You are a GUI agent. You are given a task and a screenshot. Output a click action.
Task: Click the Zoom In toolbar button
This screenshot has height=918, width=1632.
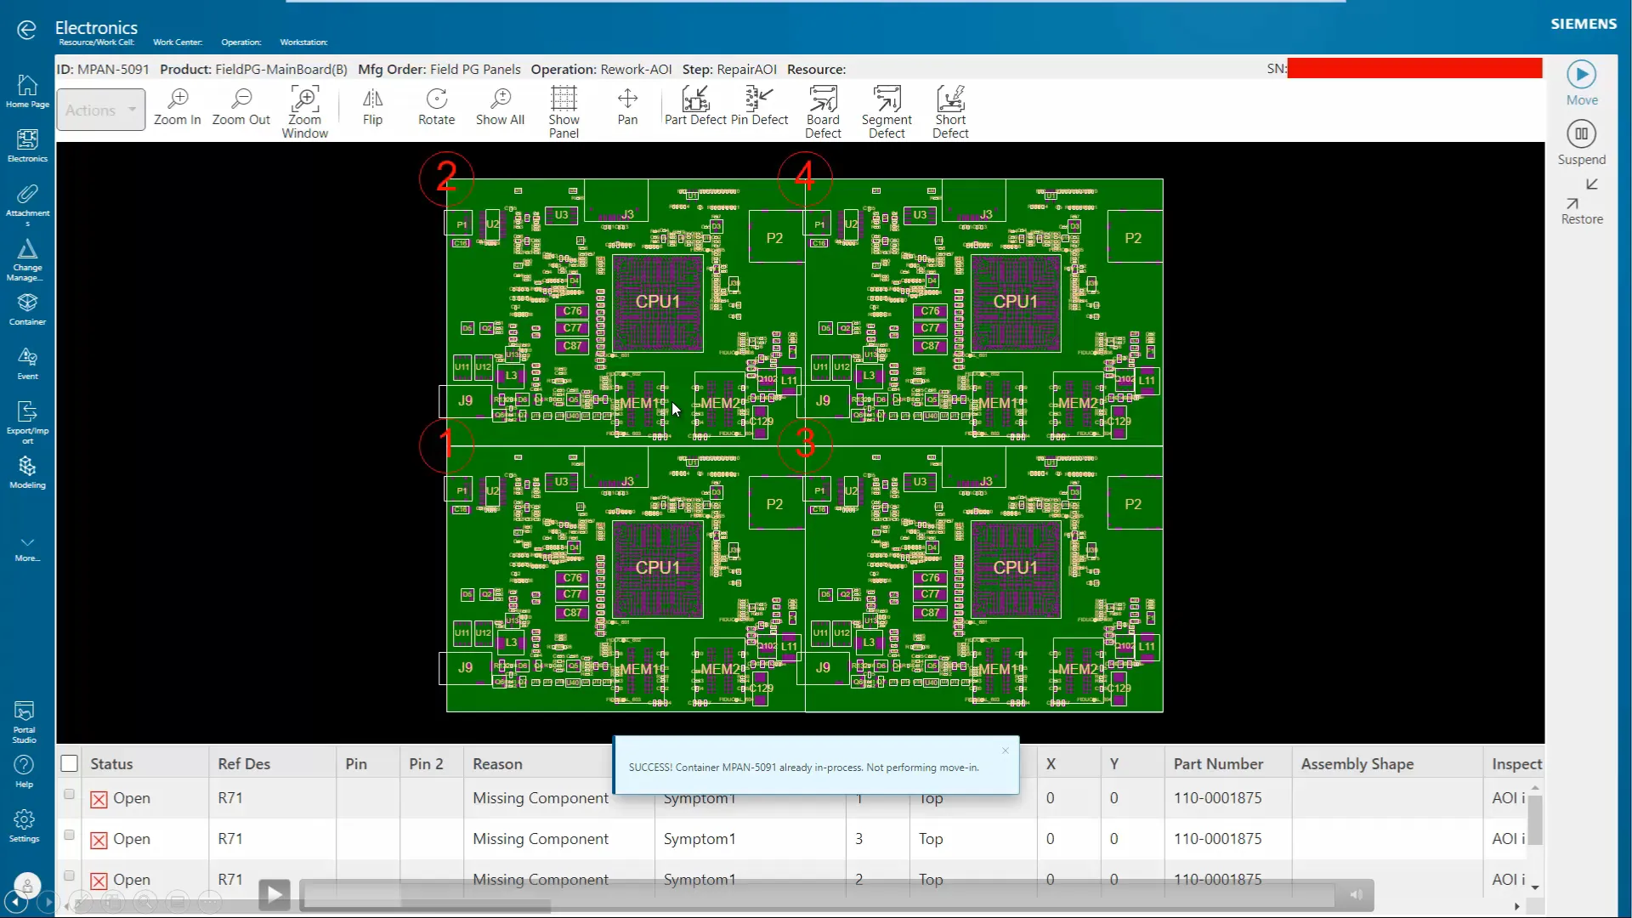click(178, 107)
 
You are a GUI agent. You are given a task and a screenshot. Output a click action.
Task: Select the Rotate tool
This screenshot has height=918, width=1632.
click(436, 107)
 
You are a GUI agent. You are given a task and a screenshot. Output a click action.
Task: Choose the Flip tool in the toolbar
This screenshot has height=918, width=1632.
click(372, 107)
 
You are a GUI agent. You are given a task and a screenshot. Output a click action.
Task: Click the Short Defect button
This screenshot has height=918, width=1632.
click(950, 111)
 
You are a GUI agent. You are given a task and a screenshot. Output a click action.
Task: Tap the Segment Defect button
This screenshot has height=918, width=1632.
click(887, 111)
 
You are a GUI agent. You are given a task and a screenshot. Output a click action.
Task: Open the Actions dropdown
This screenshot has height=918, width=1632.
click(101, 110)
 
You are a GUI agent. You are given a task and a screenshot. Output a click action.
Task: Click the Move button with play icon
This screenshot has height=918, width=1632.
click(1581, 82)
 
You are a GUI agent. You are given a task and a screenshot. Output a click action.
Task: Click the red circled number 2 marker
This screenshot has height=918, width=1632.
click(446, 177)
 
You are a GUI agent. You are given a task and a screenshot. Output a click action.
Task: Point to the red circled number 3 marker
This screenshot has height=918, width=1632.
click(805, 443)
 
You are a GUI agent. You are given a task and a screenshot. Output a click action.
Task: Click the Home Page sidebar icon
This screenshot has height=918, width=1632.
click(27, 91)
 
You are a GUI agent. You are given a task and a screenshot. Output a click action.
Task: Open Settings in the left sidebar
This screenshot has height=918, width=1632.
click(25, 825)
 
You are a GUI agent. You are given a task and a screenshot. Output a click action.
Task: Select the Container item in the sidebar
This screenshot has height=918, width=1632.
click(27, 309)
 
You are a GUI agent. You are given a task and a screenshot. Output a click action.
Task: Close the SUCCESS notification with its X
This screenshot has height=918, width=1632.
click(1006, 751)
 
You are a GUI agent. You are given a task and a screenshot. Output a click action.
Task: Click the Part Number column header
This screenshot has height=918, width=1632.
click(1218, 764)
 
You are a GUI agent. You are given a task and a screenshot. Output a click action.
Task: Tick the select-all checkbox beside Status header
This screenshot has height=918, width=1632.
click(70, 763)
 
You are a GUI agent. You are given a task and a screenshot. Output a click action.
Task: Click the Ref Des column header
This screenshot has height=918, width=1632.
click(244, 764)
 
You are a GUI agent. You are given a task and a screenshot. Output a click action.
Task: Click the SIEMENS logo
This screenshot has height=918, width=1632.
click(1584, 24)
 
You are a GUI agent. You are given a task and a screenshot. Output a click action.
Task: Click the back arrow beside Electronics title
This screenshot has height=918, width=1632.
click(26, 31)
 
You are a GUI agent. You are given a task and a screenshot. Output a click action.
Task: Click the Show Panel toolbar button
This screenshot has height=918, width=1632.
click(564, 111)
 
